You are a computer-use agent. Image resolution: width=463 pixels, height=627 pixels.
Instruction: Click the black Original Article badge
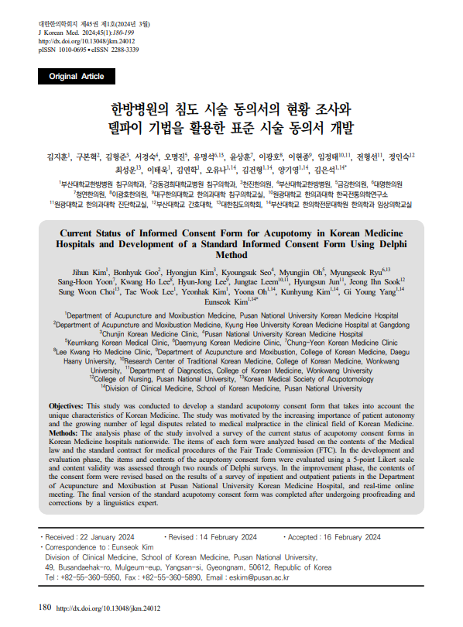pos(76,77)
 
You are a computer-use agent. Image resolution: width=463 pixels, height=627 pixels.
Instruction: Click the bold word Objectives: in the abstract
pos(66,406)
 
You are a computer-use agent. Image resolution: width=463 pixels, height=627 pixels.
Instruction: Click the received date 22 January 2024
pos(105,537)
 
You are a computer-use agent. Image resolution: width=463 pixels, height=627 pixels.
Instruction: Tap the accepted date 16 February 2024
pos(348,537)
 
